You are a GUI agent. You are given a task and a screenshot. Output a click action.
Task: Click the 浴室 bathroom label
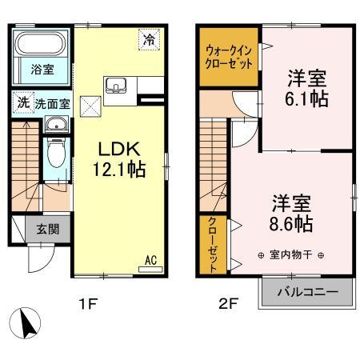pos(42,69)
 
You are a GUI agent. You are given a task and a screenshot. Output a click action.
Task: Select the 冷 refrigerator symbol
pos(149,38)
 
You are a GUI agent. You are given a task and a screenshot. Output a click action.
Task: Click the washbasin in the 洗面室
pos(55,125)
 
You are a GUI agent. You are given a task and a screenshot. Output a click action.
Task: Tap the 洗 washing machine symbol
pos(22,102)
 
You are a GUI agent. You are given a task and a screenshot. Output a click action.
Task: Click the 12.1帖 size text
pos(120,170)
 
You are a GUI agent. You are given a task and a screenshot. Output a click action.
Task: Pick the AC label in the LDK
pos(150,259)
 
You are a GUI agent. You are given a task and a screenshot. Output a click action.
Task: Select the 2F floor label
pos(230,304)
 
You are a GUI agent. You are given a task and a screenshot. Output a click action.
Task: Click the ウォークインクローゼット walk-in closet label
pos(229,58)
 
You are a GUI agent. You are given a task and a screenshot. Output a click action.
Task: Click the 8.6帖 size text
pos(290,222)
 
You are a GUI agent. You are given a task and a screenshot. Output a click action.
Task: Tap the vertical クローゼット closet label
pos(213,245)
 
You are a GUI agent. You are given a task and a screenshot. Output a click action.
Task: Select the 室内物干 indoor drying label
pos(291,255)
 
